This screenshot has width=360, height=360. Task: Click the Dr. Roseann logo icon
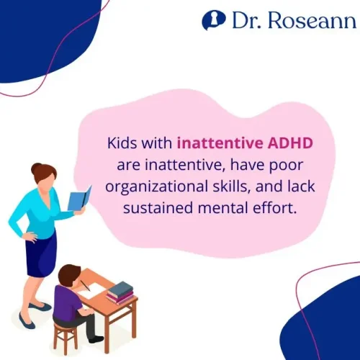[x=211, y=20]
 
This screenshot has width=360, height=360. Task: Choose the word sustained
[x=153, y=209]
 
